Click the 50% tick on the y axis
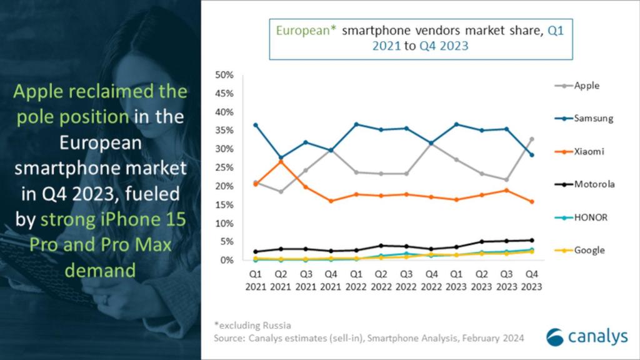point(224,75)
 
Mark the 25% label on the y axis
point(224,167)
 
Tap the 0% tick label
point(227,260)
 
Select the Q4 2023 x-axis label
point(531,280)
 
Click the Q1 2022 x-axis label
point(356,280)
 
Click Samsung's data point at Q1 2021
point(255,125)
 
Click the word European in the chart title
point(302,30)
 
